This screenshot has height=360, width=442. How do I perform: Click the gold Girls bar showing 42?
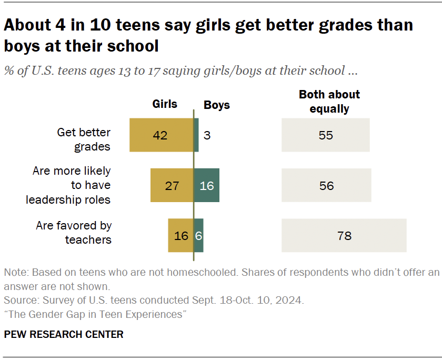162,135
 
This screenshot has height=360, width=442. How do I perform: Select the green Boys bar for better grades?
196,135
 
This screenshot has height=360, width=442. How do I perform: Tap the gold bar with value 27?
172,185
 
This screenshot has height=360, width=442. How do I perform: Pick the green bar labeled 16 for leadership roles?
207,185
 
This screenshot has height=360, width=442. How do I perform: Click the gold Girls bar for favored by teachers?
181,235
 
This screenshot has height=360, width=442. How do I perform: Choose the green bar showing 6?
199,235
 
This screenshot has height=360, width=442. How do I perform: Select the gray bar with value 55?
325,135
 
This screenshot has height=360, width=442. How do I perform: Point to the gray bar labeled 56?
326,185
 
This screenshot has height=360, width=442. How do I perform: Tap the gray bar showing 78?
344,235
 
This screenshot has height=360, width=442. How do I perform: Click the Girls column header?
165,104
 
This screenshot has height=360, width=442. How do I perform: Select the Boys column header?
217,105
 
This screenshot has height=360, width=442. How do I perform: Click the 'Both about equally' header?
329,102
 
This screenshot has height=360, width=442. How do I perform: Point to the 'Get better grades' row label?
84,139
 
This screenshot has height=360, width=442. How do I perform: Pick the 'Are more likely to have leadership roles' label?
72,185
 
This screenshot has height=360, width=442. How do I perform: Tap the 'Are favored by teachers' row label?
74,233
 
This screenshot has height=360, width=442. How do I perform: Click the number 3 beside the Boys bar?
207,135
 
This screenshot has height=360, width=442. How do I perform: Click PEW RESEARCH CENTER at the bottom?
64,334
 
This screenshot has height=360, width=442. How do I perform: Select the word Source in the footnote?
18,301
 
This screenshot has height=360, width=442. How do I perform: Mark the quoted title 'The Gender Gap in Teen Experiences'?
96,315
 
